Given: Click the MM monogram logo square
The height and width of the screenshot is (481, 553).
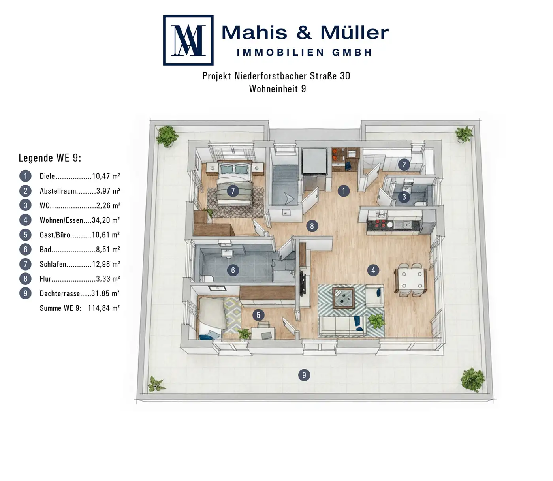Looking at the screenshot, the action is (x=188, y=40).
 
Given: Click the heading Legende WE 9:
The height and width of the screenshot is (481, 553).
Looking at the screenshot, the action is (x=50, y=158).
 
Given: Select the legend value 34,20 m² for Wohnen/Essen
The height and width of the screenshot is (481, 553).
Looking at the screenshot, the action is (x=106, y=220).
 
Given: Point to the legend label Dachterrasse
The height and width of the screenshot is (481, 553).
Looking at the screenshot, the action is (x=60, y=293).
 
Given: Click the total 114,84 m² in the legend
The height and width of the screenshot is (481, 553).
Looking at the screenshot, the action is (x=104, y=308).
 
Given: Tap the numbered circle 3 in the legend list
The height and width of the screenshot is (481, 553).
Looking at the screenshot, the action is (x=25, y=205).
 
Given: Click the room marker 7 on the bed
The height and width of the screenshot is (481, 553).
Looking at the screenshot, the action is (x=233, y=191).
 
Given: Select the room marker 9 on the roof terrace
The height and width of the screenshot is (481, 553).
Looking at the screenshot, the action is (x=304, y=375).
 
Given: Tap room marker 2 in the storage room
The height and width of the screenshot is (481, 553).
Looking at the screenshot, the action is (x=404, y=164).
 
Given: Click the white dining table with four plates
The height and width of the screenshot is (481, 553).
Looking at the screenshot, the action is (x=411, y=280).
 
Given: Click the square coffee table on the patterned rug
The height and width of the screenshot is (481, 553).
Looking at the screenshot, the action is (x=344, y=298).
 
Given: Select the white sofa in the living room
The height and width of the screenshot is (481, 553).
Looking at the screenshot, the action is (x=342, y=326).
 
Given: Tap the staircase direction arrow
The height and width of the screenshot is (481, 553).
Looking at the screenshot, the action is (x=289, y=199).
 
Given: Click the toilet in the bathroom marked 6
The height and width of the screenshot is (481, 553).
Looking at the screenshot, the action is (x=207, y=278).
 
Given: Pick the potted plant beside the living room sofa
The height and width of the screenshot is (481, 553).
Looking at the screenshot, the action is (x=376, y=321).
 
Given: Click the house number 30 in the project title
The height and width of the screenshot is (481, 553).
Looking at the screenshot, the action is (x=345, y=76).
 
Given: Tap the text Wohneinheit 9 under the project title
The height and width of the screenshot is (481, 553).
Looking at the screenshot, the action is (x=278, y=89).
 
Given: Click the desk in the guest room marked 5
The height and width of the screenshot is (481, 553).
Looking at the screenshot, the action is (x=263, y=333).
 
